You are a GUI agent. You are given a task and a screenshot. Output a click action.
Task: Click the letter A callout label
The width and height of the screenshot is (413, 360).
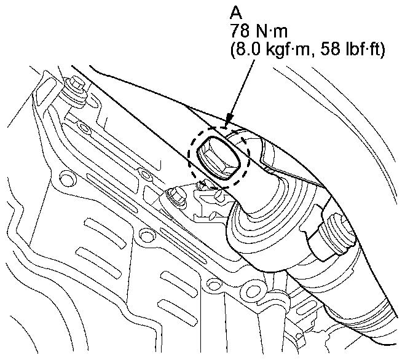236,12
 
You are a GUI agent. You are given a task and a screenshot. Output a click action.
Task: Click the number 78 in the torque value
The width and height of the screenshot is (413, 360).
240,31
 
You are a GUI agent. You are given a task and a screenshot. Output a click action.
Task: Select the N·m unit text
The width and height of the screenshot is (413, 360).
271,31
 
